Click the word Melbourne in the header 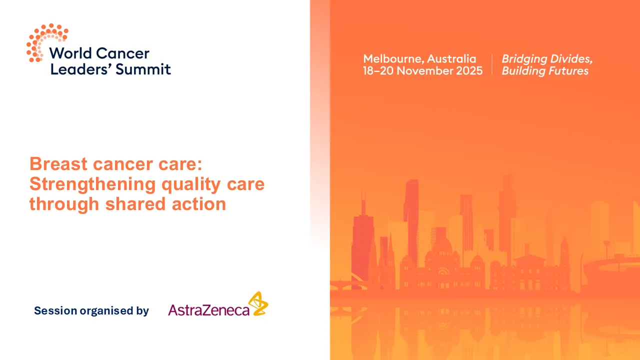tap(392, 58)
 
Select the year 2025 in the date tap(468, 70)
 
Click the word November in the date tap(423, 70)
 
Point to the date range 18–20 tap(378, 70)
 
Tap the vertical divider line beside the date tap(492, 64)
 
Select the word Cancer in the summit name tap(122, 53)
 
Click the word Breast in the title tap(58, 164)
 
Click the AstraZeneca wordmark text tap(208, 310)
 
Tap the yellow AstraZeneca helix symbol tap(258, 303)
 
